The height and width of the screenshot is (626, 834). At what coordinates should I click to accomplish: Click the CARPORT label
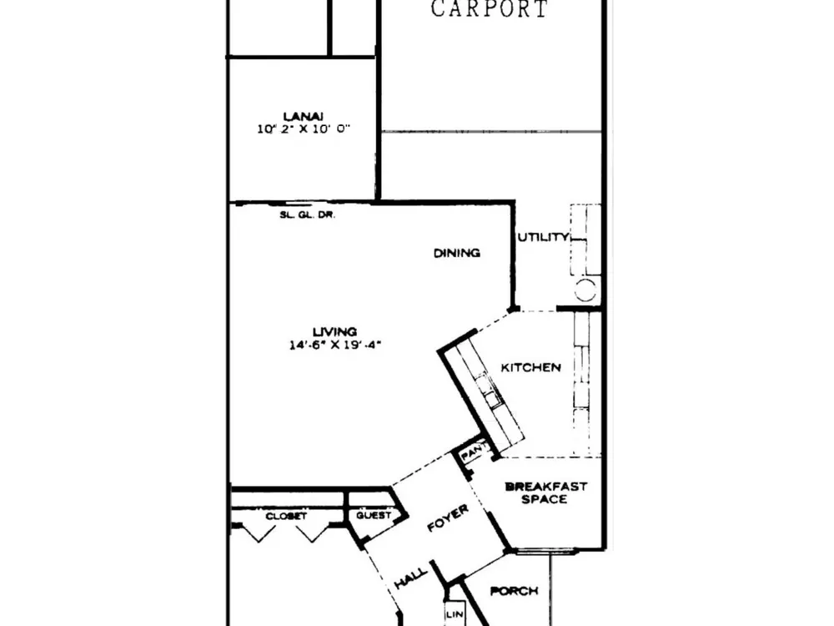coord(489,9)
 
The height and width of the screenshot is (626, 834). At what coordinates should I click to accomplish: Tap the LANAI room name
coord(304,116)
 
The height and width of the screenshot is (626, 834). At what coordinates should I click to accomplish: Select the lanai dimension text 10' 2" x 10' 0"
coord(304,129)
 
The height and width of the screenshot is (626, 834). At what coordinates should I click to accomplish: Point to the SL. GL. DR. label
coord(308,215)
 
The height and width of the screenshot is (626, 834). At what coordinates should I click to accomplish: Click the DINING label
coord(457,253)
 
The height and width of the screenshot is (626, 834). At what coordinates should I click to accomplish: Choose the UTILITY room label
coord(543,237)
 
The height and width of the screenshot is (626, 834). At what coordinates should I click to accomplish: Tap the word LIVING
coord(334,331)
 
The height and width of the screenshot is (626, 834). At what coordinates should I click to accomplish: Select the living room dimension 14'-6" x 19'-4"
coord(335,345)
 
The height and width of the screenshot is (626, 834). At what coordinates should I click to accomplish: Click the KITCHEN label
coord(530,367)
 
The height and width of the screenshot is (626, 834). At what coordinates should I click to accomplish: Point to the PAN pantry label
coord(471,454)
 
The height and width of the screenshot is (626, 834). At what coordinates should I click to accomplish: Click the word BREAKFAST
coord(545,486)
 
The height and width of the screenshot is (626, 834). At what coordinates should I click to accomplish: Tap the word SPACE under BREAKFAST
coord(544,499)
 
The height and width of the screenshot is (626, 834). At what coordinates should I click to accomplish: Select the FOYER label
coord(448,518)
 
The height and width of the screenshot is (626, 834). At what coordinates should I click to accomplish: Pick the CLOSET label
coord(286,517)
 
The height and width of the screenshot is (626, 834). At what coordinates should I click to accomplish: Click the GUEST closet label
coord(374,515)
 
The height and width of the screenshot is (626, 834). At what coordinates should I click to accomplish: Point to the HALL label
coord(411,578)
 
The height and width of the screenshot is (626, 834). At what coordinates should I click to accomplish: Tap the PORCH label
coord(514,591)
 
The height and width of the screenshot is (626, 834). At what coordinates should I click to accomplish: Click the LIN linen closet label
coord(455,614)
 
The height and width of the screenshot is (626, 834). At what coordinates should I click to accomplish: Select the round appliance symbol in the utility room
coord(585,290)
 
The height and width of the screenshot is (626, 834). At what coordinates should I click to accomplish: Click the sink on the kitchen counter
coord(490,391)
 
